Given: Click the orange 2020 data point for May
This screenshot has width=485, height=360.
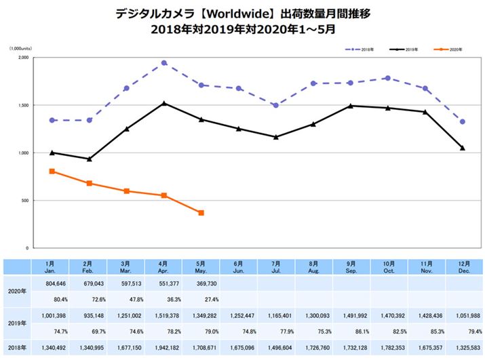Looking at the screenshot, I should pos(201,213).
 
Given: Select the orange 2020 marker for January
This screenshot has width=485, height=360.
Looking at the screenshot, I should pos(52,172).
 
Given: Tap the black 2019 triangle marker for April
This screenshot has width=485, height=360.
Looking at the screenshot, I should pos(164,103).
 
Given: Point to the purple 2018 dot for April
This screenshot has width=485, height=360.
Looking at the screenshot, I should pos(164,63).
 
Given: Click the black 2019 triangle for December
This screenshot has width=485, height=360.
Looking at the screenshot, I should pos(463,148).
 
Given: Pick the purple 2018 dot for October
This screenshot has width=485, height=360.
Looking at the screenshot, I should pos(388,78).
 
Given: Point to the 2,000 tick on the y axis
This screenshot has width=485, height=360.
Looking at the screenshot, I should pos(23,58).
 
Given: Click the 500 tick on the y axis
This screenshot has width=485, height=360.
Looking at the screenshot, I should pos(24,201).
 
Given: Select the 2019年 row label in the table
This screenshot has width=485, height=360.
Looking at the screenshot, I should pos(15,323).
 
